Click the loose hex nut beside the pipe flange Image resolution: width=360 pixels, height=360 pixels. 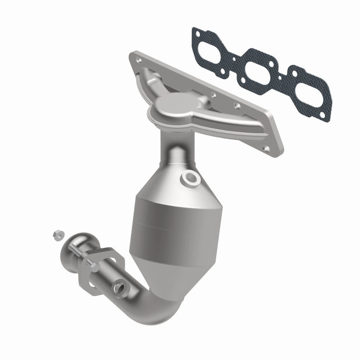(x=57, y=234)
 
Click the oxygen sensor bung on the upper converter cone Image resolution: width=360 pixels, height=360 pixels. (x=190, y=179)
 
